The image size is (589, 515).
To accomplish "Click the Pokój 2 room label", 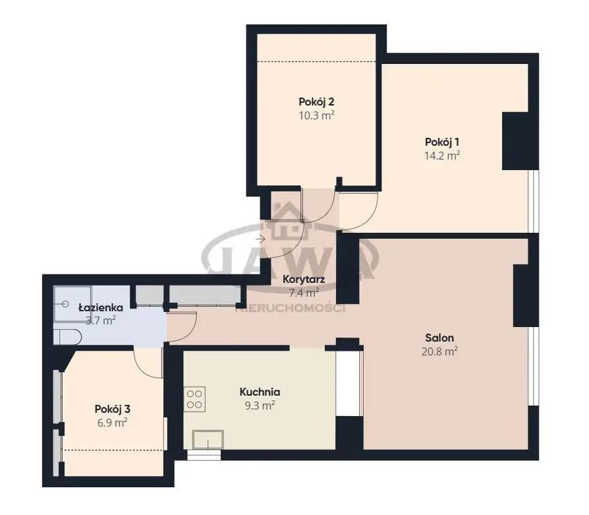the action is coord(316,102).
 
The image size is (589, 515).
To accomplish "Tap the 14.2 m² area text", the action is coord(441,155).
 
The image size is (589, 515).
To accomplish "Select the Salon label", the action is coord(439,338).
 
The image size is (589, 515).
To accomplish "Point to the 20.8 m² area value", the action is coord(439,351).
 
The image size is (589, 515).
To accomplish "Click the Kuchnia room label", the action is coord(260,392).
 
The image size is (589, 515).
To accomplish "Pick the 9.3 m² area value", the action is coord(260,406).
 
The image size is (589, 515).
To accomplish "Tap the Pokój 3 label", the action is coord(112,409).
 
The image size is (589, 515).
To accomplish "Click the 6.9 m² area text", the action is coord(112,423).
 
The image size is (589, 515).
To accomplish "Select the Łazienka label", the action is coord(100,307).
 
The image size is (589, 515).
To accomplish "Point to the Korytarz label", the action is coord(304,280).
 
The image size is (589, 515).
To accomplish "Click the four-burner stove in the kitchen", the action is coord(194,399).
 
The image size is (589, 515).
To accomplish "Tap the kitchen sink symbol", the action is coord(208,439).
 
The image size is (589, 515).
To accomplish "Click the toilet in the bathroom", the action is coord(67,337).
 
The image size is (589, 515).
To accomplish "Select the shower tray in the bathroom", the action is coord(72,304).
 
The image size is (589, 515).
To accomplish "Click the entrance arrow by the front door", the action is coord(260,239).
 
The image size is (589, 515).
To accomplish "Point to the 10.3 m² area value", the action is coord(316,115).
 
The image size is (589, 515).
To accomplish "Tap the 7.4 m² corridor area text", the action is coord(304,292).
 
